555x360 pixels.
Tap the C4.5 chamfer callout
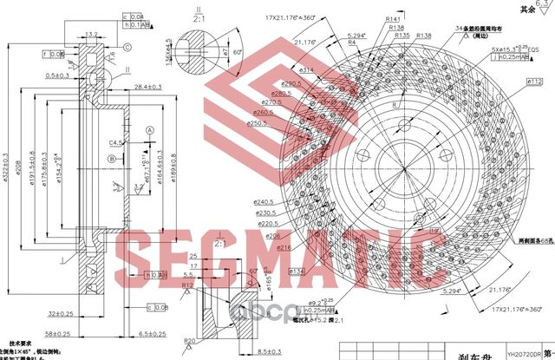tap(115, 141)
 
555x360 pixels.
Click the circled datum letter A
tap(149, 129)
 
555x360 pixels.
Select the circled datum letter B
tap(112, 159)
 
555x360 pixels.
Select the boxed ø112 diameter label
tap(534, 82)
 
